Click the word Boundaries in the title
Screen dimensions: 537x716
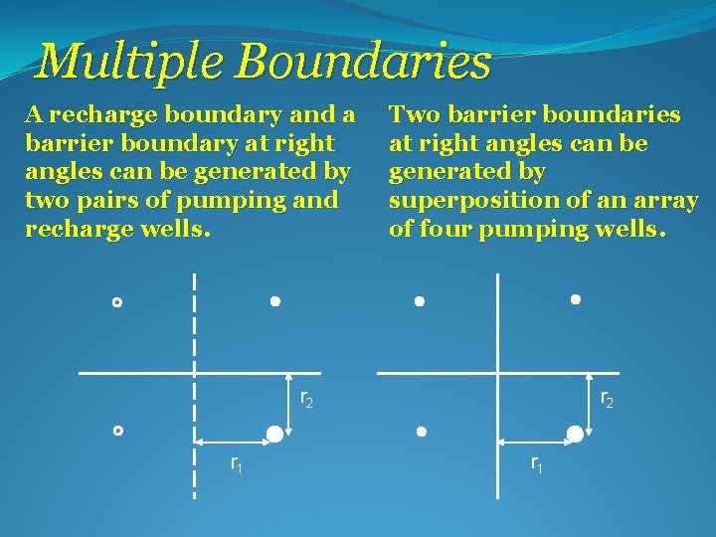point(363,62)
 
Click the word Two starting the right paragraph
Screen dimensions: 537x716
point(413,115)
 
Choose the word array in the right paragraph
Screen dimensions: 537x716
point(668,200)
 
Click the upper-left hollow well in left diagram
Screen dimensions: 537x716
point(116,301)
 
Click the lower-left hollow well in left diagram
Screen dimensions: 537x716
point(116,431)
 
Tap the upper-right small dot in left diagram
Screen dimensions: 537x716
point(275,300)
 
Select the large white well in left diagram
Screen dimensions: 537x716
point(273,433)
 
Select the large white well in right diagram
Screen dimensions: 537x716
point(574,433)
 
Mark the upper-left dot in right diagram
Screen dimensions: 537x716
point(420,300)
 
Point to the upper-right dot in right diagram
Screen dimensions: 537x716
point(576,298)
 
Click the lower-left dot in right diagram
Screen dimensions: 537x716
point(421,433)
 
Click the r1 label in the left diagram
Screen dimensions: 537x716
point(237,462)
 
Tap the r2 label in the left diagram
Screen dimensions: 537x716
point(306,399)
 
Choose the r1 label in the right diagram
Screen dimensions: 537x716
point(536,462)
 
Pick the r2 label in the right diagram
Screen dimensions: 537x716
point(607,399)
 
